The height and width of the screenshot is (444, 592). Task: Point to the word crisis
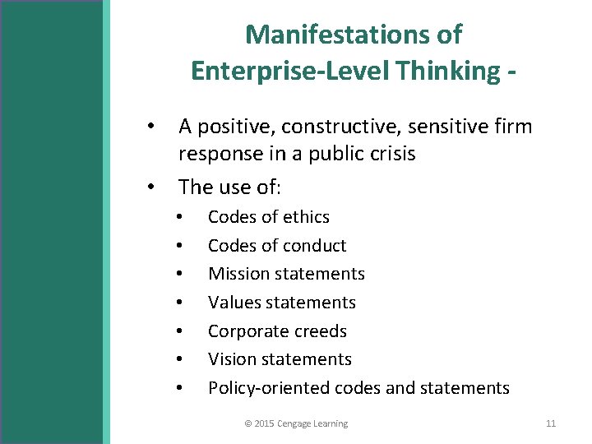point(391,154)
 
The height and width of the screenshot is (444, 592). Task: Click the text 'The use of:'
point(230,187)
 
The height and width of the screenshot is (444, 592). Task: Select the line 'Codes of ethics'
point(269,217)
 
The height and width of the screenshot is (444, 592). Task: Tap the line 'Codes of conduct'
point(277,245)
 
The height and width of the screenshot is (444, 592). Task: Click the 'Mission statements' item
point(286,274)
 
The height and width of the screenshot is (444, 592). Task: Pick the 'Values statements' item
point(282,303)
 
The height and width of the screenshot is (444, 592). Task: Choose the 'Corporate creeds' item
point(277,331)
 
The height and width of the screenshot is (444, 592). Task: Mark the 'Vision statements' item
point(280,359)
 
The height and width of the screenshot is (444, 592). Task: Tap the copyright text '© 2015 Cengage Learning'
point(296,423)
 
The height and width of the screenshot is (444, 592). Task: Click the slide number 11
point(551,423)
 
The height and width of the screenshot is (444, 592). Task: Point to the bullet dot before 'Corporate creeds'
point(178,331)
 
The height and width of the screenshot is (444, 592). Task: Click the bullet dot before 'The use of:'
point(150,187)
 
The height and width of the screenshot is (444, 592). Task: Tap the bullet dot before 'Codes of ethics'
point(178,217)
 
